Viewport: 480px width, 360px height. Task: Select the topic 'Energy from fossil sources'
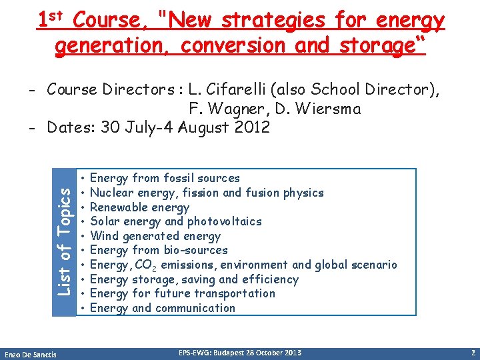click(165, 178)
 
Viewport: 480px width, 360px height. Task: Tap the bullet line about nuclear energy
click(207, 193)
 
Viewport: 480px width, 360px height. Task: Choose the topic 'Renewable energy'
click(139, 207)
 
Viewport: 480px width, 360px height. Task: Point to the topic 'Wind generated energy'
click(155, 236)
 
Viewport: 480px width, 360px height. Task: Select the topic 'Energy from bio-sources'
click(159, 250)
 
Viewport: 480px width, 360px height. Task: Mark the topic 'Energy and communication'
click(162, 308)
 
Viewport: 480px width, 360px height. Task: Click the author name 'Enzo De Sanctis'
click(30, 353)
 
